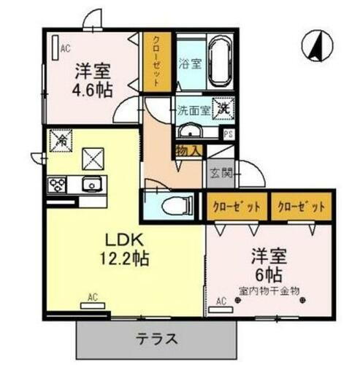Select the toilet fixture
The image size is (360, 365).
tap(175, 207)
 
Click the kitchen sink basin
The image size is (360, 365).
tap(91, 183)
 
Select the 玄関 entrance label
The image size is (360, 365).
tap(222, 174)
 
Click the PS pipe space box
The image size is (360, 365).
tap(228, 134)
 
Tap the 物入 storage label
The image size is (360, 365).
tap(188, 150)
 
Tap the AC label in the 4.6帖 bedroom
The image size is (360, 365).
tap(65, 50)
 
